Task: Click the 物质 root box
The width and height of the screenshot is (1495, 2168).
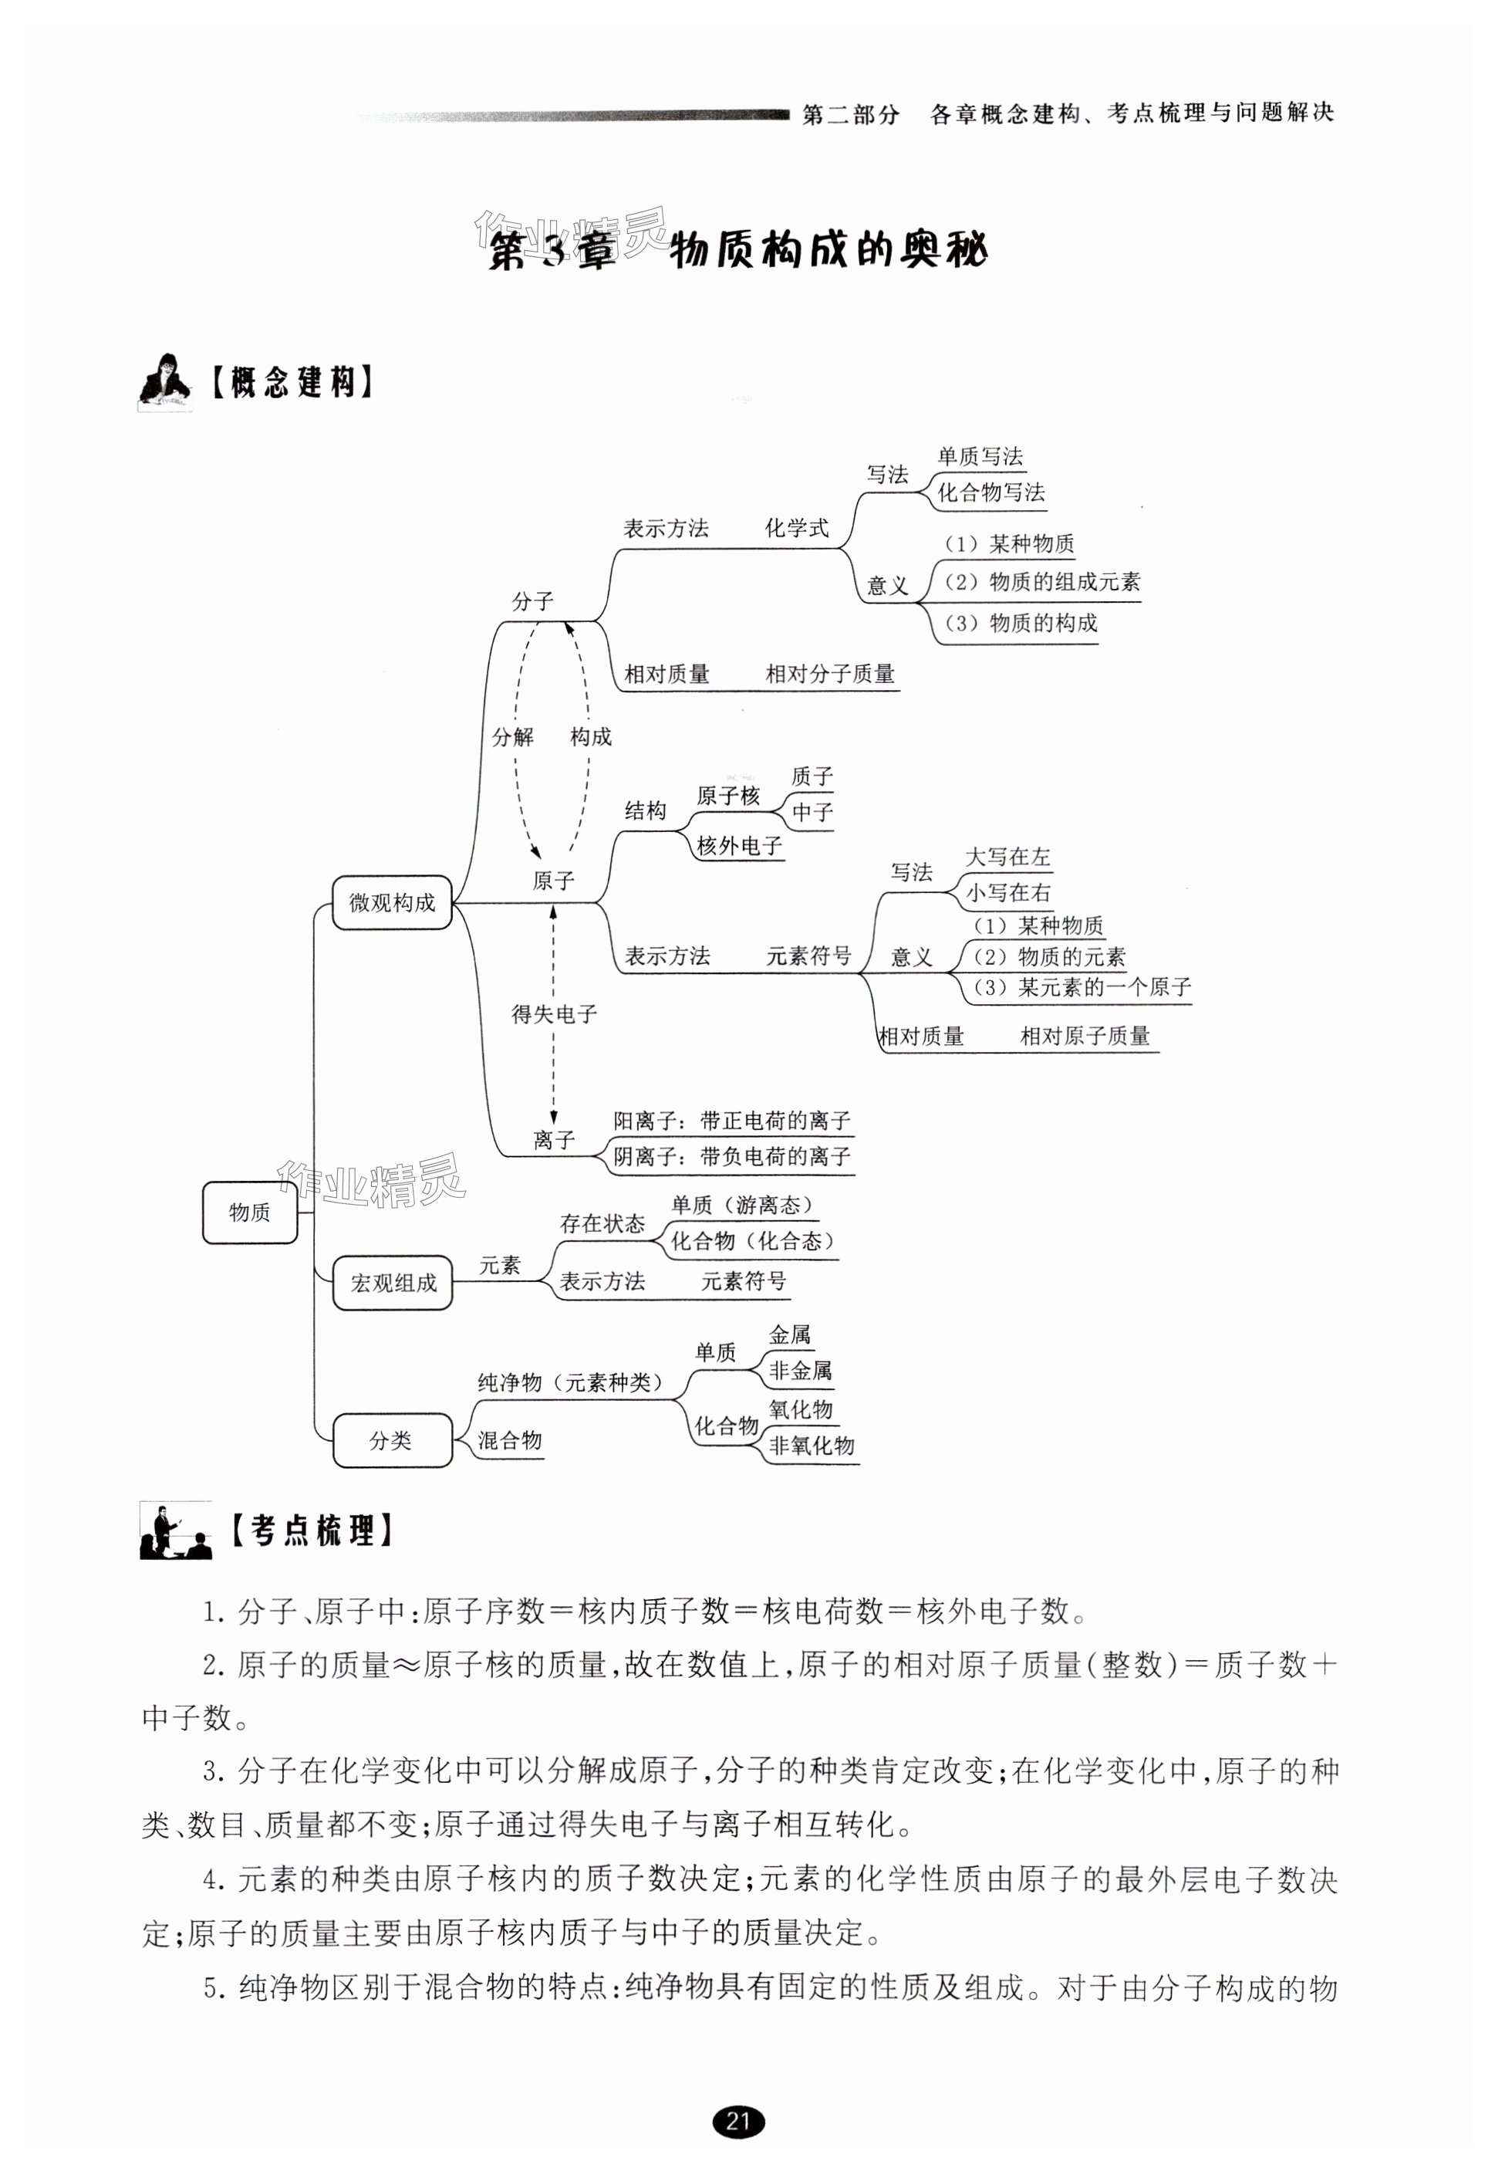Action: pos(249,1213)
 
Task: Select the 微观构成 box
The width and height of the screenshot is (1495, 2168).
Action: pos(392,902)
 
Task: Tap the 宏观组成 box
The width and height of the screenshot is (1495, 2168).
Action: pos(393,1283)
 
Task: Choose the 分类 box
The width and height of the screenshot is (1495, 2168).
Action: pos(392,1440)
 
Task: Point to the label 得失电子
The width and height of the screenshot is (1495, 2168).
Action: pos(554,1013)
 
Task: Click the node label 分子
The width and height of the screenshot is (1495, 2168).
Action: pos(533,601)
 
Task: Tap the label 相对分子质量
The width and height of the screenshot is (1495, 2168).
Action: pos(830,674)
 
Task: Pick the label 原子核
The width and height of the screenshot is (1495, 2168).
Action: pos(728,797)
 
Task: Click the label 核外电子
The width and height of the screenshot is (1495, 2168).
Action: pos(739,846)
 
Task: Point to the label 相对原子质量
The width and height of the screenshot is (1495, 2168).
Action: pos(1085,1037)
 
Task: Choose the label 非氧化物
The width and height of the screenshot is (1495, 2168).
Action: pos(812,1446)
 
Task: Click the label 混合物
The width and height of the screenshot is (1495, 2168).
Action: pos(510,1440)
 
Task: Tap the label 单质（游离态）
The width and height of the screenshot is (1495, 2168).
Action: pos(743,1205)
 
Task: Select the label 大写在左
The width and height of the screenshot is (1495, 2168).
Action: pos(1008,857)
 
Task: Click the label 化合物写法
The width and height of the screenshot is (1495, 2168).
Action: pos(991,493)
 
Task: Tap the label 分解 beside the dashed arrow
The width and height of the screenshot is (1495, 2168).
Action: pos(512,737)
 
